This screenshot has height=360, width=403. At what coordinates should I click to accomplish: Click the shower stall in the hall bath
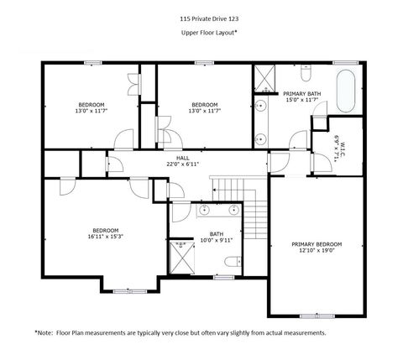[x=180, y=258]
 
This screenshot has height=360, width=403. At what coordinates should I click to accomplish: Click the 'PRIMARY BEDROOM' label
[x=316, y=244]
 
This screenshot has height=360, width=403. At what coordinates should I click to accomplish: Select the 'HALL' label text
[x=182, y=157]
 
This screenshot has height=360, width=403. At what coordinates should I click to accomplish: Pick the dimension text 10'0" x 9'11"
[x=216, y=241]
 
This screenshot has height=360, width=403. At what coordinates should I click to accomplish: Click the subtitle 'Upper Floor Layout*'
[x=202, y=32]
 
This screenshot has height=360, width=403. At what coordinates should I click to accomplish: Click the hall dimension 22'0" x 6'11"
[x=182, y=164]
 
